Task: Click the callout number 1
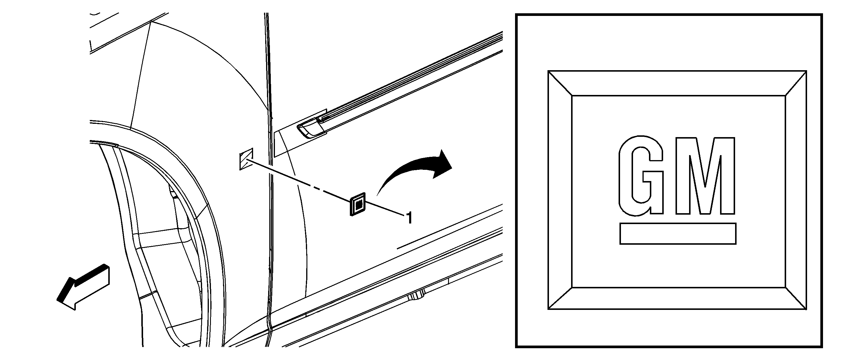coord(409,218)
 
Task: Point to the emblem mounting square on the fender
coord(246,159)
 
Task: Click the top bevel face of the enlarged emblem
coord(678,83)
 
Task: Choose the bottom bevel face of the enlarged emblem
coord(678,298)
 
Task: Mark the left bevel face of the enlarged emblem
coord(560,190)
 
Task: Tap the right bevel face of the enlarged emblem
coord(796,190)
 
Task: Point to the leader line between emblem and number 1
coord(385,208)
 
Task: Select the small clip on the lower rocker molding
coord(417,296)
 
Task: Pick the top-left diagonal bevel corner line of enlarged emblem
coord(560,83)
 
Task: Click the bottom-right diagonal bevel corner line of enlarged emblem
coord(796,298)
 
